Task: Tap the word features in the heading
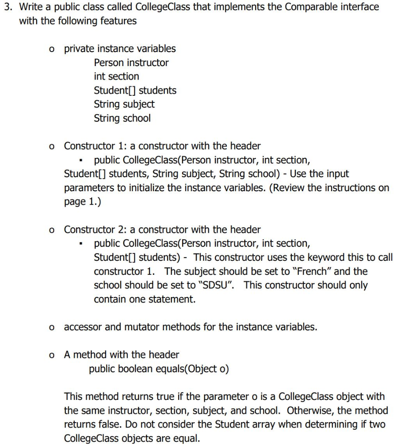[119, 21]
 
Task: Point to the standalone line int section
[116, 77]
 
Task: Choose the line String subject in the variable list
[124, 104]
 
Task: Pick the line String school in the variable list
[122, 118]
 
